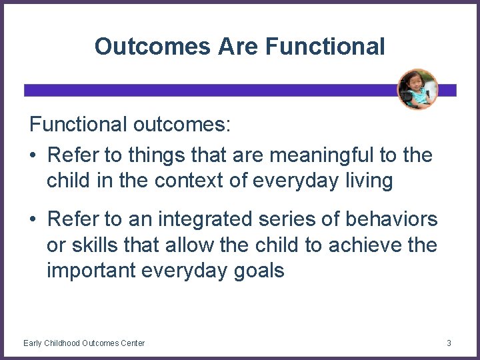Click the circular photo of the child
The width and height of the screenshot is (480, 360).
click(417, 89)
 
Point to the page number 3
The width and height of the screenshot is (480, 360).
click(449, 343)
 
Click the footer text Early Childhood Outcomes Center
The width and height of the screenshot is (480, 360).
click(84, 343)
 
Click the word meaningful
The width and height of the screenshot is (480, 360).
click(309, 156)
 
